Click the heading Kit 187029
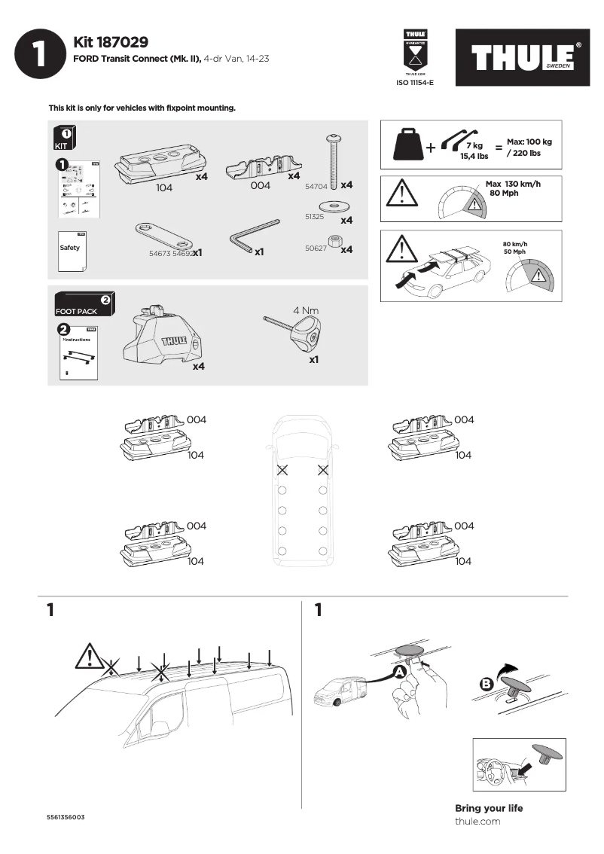click(111, 42)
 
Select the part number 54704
click(316, 185)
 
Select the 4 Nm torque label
click(307, 309)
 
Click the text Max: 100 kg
click(535, 142)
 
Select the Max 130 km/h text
click(514, 185)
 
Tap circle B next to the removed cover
click(487, 685)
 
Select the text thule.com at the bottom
click(477, 821)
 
